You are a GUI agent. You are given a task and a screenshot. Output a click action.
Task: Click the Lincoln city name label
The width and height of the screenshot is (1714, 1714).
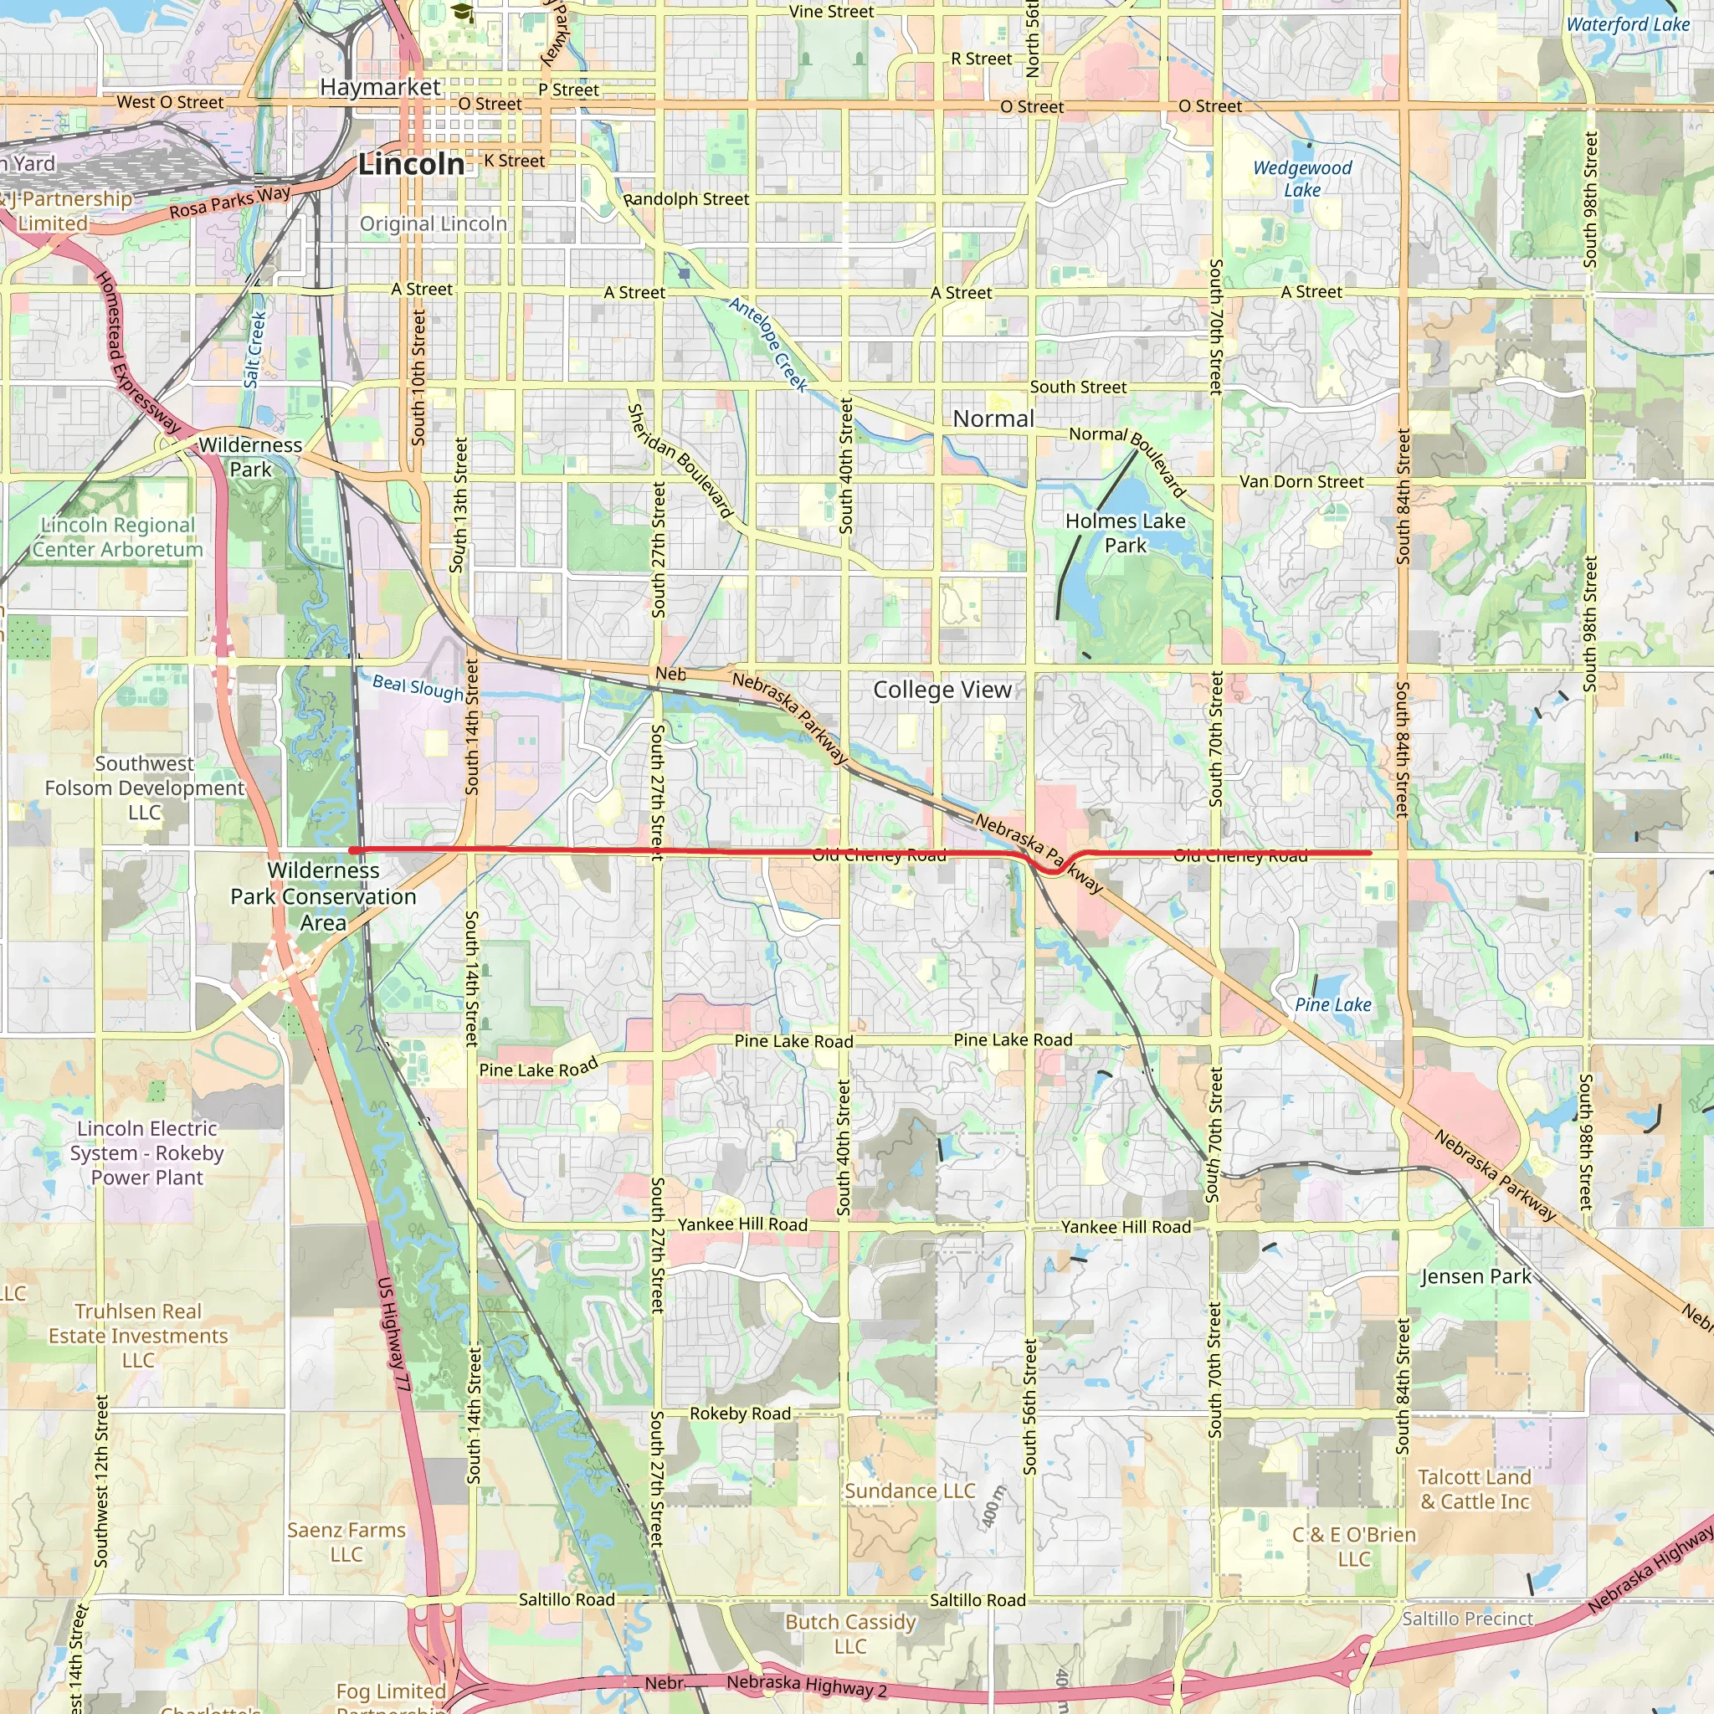[x=411, y=164]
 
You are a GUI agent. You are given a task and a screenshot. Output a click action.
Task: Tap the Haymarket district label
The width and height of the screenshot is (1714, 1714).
[x=380, y=87]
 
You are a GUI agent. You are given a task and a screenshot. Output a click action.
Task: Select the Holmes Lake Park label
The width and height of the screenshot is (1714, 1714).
[x=1125, y=533]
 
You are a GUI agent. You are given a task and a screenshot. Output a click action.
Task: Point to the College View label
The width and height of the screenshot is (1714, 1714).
[x=942, y=690]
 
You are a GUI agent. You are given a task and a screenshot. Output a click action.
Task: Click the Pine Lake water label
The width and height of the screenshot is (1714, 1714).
[x=1332, y=1004]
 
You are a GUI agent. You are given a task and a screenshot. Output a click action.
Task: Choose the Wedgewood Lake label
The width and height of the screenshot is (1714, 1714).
[x=1301, y=178]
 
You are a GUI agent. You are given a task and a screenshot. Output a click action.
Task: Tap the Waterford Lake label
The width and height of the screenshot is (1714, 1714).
[x=1627, y=25]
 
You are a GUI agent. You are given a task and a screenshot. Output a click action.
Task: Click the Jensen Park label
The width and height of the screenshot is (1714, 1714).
[x=1475, y=1276]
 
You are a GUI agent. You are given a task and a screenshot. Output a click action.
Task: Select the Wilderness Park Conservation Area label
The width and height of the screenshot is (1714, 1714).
[x=323, y=896]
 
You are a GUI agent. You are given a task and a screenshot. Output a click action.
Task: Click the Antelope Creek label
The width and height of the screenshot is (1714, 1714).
[x=768, y=344]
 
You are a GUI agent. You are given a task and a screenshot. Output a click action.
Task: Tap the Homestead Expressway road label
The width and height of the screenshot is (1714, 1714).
[x=137, y=353]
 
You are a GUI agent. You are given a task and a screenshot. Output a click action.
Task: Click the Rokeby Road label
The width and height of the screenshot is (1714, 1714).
[x=740, y=1414]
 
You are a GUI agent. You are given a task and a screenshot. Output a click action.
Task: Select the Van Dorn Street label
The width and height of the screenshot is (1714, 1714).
[x=1301, y=482]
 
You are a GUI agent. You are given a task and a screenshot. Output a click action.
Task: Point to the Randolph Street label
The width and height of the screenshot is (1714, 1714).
[x=686, y=200]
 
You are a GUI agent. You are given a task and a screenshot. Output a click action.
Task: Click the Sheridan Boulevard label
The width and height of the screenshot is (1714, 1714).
[x=680, y=460]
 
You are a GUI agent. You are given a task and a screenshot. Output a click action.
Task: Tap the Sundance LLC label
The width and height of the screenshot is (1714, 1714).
[x=910, y=1491]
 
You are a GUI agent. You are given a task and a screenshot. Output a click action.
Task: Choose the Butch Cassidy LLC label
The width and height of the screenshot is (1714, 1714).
[x=850, y=1634]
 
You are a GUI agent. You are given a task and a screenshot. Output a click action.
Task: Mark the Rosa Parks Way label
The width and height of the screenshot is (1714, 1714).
[x=230, y=202]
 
